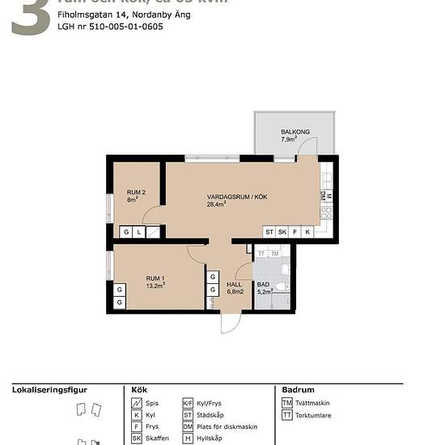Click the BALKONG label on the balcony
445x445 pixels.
coord(295,131)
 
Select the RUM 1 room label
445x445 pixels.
coord(155,279)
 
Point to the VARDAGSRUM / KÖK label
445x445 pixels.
coord(231,196)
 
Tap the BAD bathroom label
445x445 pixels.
coord(263,284)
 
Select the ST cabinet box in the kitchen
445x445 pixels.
coord(269,232)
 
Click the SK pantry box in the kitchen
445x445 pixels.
coord(282,232)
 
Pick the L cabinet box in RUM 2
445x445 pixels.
coord(139,232)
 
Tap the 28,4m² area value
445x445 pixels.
coord(216,204)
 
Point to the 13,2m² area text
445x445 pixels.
coord(155,286)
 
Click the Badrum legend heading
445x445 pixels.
coord(298,389)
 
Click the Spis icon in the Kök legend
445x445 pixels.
coord(137,403)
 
